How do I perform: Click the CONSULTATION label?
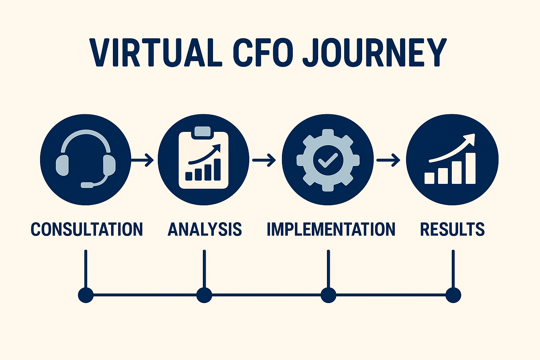(86, 229)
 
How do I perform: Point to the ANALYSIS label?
(205, 229)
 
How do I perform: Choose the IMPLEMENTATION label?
(331, 229)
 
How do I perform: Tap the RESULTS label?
(452, 229)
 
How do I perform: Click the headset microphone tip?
(86, 185)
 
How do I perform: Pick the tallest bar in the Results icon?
(470, 168)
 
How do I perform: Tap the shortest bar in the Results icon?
(429, 178)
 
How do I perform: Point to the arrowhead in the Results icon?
(470, 138)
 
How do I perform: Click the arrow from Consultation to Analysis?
(143, 160)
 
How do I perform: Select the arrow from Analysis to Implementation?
(264, 160)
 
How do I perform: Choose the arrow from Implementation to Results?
(388, 160)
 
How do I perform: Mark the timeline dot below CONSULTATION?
(86, 295)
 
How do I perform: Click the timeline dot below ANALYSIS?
(204, 295)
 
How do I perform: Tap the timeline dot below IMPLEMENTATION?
(328, 295)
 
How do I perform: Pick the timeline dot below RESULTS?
(453, 295)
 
